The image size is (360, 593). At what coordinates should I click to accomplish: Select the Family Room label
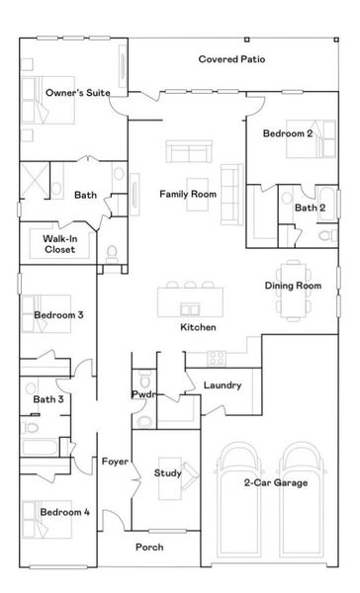click(188, 194)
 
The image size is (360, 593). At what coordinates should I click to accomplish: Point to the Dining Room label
click(293, 286)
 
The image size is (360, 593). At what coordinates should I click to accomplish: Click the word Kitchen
click(198, 326)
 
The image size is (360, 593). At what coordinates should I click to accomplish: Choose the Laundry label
click(222, 384)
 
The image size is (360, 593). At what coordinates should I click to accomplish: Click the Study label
click(167, 473)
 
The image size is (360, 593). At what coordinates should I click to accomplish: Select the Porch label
click(149, 547)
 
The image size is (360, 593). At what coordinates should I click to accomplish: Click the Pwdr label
click(140, 394)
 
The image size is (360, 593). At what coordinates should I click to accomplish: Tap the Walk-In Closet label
click(59, 244)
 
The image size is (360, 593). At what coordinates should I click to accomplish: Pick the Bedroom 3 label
click(58, 315)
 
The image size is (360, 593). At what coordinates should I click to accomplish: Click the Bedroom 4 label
click(64, 512)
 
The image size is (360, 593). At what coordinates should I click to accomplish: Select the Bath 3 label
click(47, 399)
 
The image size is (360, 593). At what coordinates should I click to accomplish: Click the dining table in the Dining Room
click(293, 268)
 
